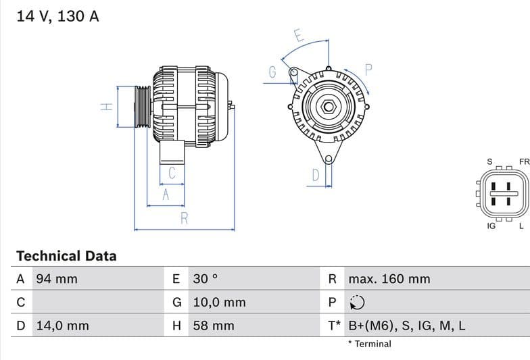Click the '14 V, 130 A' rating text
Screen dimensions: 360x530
tap(57, 16)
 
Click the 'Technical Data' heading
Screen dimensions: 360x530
tap(66, 256)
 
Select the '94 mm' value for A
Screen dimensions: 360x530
tap(57, 279)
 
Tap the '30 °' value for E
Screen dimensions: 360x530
tap(206, 279)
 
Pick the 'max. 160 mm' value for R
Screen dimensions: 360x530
tap(389, 279)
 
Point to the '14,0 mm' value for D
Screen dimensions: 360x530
tap(62, 326)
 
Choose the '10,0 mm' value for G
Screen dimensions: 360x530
tap(219, 303)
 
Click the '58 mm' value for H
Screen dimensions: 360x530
tap(214, 326)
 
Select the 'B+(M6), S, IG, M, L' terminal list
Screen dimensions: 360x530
tap(407, 326)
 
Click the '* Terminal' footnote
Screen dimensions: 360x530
tap(370, 344)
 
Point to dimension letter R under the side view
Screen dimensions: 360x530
tap(184, 217)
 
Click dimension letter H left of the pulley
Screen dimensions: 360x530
tap(105, 107)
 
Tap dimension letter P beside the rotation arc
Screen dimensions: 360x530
tap(369, 69)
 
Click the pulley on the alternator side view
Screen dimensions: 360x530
tap(142, 107)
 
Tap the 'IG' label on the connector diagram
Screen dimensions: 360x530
tap(491, 226)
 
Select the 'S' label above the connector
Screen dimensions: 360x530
tap(489, 162)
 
